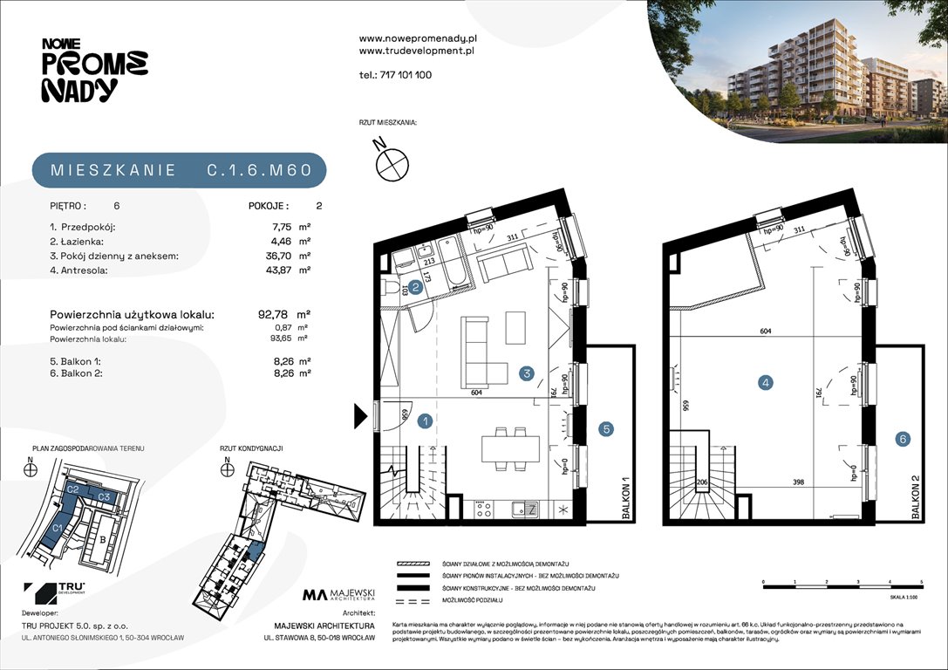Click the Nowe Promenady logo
coord(94,70)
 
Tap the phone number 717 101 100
coord(395,75)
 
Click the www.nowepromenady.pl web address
coord(418,39)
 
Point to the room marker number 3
coord(526,373)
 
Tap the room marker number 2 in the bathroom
coord(417,286)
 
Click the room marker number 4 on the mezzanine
coord(765,382)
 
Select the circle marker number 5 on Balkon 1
coord(606,428)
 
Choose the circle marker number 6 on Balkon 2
coord(903,439)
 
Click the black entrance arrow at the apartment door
coord(361,416)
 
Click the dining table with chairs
coord(510,448)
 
